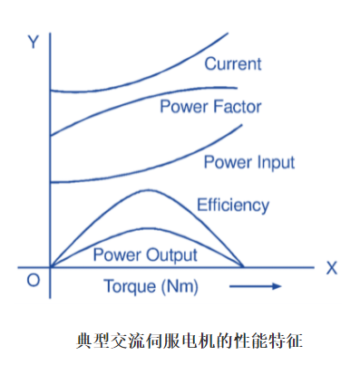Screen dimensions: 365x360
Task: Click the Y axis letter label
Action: pyautogui.click(x=33, y=43)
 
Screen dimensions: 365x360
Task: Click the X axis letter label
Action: pyautogui.click(x=332, y=268)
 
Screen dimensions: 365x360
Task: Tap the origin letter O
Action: pyautogui.click(x=33, y=281)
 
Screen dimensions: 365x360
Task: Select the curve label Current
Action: pyautogui.click(x=232, y=63)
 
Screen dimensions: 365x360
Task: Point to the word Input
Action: pyautogui.click(x=274, y=163)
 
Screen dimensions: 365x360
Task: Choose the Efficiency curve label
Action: pyautogui.click(x=233, y=205)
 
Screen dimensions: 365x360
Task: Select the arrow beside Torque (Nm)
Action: pyautogui.click(x=255, y=286)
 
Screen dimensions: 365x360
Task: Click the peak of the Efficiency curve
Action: pyautogui.click(x=146, y=190)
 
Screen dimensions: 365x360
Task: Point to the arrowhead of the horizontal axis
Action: pyautogui.click(x=310, y=267)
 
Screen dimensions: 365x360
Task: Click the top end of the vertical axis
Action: pyautogui.click(x=51, y=36)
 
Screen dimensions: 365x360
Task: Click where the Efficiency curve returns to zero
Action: pyautogui.click(x=243, y=266)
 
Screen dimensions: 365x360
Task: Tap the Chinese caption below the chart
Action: pyautogui.click(x=180, y=341)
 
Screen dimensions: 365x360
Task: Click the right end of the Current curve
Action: pyautogui.click(x=227, y=34)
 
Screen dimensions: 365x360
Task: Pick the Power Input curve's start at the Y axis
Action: pyautogui.click(x=51, y=182)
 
